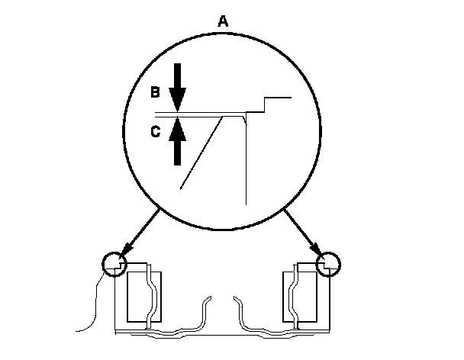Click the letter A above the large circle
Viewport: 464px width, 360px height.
[x=223, y=22]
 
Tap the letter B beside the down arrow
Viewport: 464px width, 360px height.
[x=153, y=92]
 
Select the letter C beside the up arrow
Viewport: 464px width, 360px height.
[x=154, y=131]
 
